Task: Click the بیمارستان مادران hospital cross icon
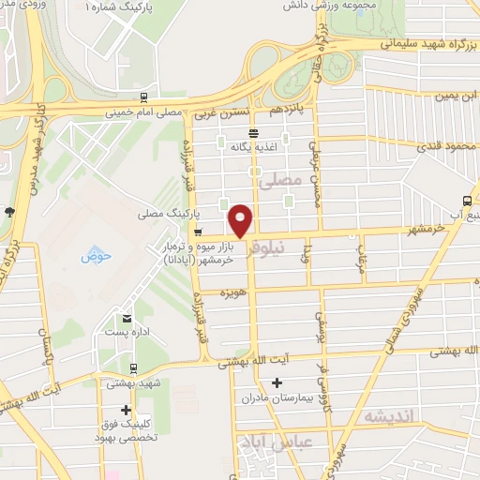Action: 277,382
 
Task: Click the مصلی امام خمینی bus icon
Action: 142,97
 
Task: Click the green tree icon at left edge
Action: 9,211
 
